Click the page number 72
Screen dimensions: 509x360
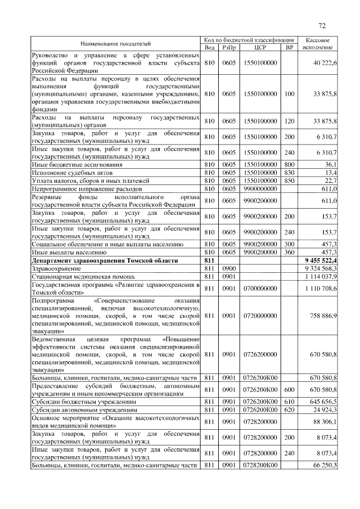tap(322, 26)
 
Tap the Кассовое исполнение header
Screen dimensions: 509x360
tap(320, 43)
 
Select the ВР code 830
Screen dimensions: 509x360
tap(290, 172)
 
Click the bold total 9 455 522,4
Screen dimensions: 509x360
tap(320, 261)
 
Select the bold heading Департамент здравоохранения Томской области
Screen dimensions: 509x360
tap(105, 261)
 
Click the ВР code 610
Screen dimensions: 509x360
tap(290, 403)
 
